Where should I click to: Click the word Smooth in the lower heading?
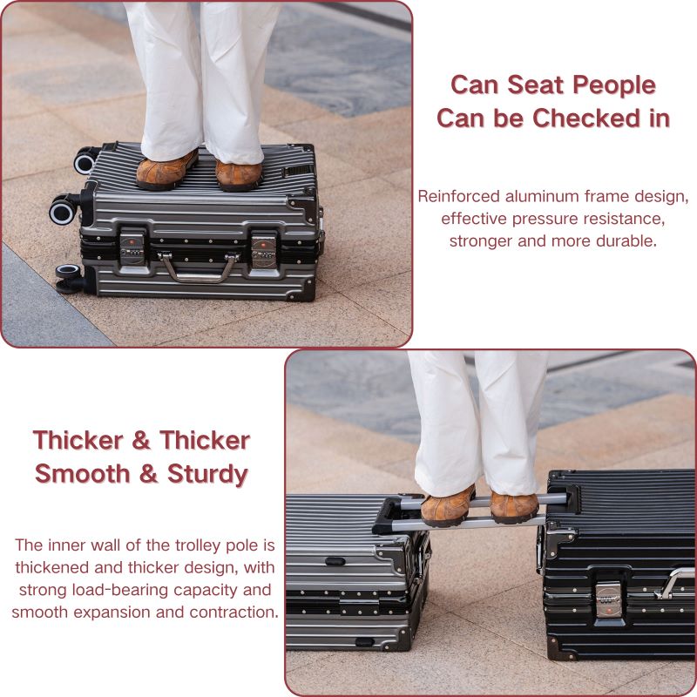click(82, 473)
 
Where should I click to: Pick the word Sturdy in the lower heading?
click(207, 474)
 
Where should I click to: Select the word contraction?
click(234, 612)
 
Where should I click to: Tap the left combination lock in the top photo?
click(132, 247)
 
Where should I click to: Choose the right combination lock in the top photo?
click(263, 251)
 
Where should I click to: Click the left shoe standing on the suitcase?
click(166, 171)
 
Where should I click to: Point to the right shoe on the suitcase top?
click(239, 176)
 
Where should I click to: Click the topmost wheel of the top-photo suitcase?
click(85, 160)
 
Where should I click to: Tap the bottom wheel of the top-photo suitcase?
click(70, 279)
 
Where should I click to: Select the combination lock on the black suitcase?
click(608, 599)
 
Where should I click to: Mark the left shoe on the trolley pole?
click(448, 507)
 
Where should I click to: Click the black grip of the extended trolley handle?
click(385, 516)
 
